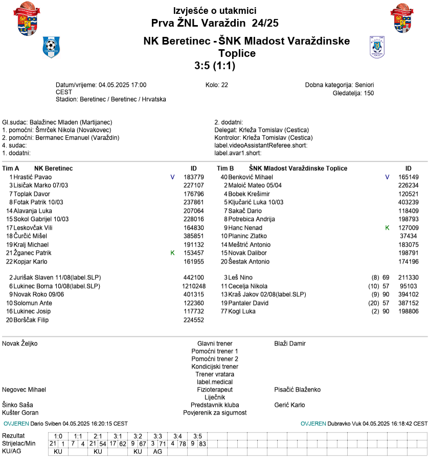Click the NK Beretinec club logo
click(51, 48)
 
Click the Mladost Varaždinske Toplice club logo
click(376, 47)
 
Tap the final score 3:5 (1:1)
click(215, 66)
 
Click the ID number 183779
click(194, 177)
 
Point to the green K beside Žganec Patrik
click(172, 253)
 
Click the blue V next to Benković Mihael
click(387, 177)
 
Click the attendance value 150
click(369, 93)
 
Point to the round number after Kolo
click(224, 85)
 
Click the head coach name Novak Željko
click(20, 343)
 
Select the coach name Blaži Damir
click(290, 343)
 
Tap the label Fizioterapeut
click(215, 389)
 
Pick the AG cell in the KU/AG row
click(158, 451)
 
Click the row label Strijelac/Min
click(19, 443)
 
